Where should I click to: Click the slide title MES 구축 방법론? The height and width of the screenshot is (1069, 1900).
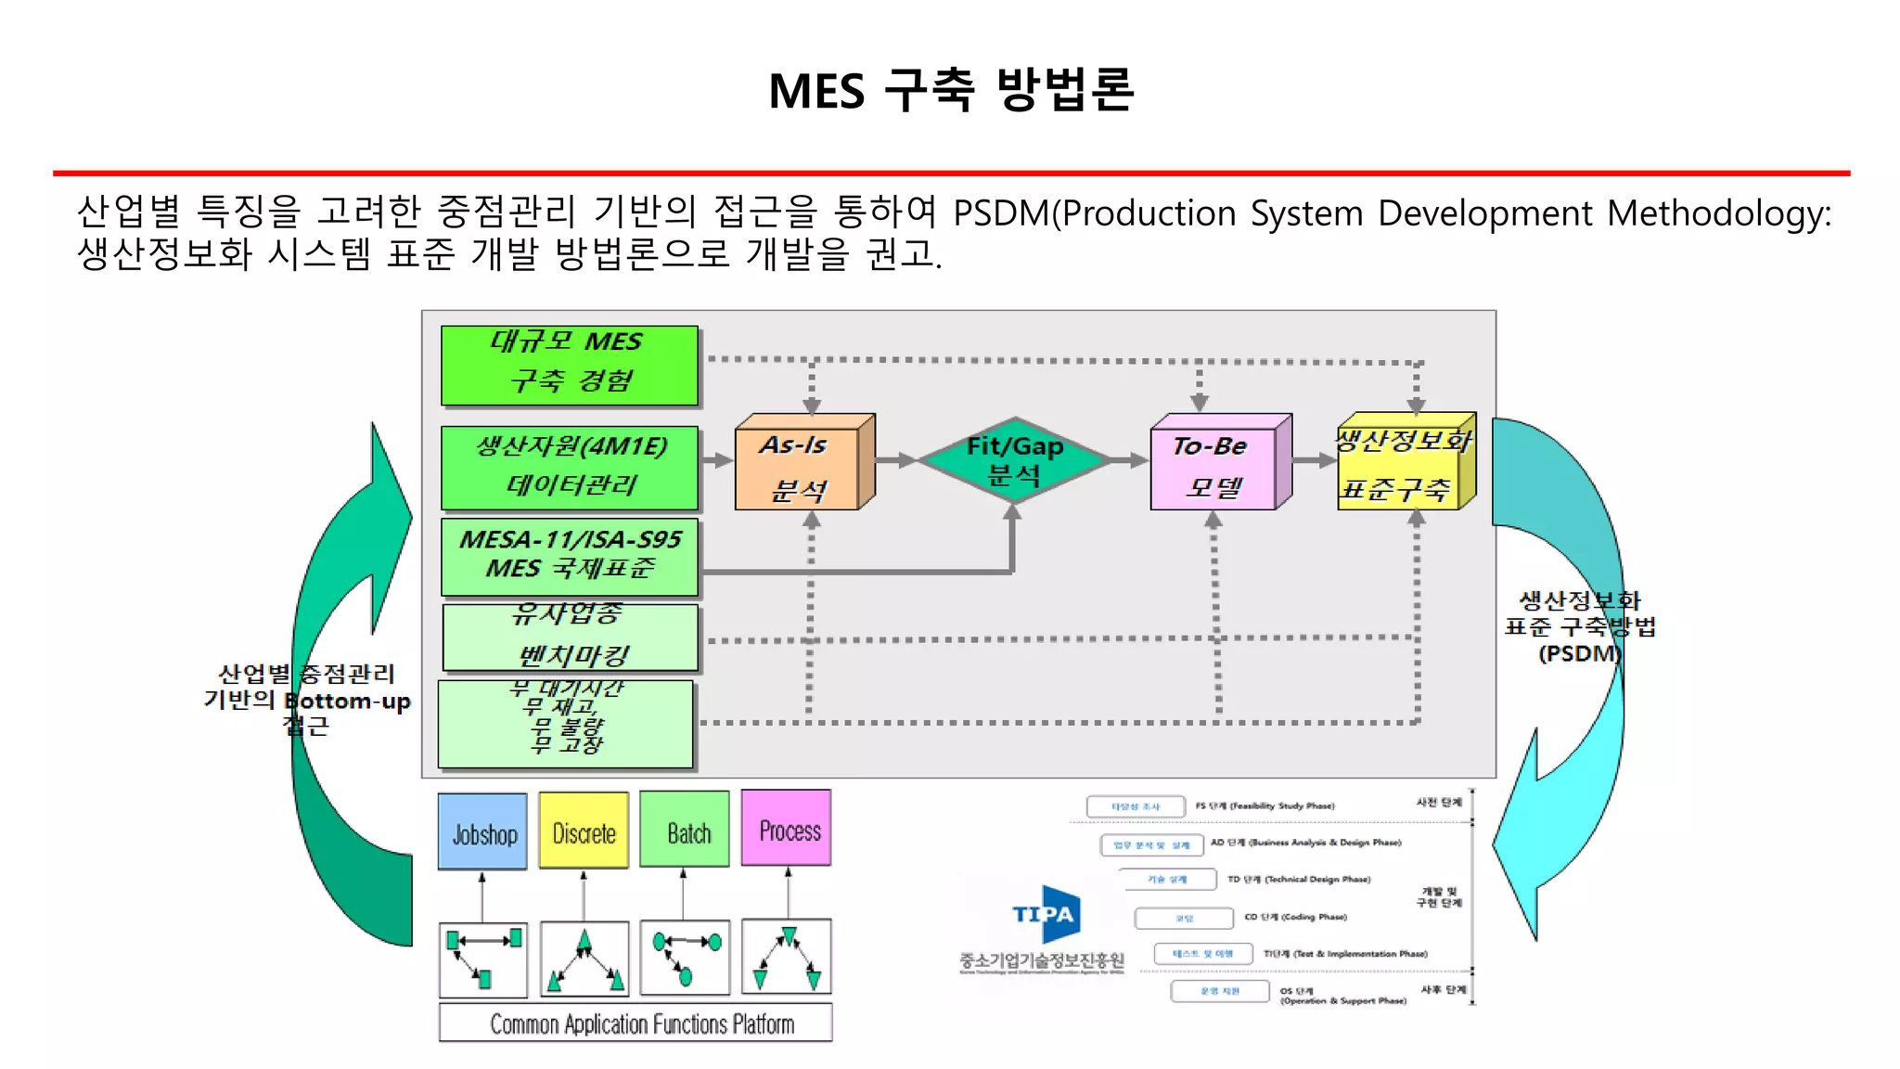pyautogui.click(x=951, y=90)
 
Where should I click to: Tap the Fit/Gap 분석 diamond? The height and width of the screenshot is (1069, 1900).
pyautogui.click(x=1014, y=460)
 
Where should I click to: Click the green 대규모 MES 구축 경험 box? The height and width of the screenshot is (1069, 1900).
pyautogui.click(x=569, y=365)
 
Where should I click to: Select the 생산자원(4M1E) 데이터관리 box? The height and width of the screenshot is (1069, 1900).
pyautogui.click(x=569, y=467)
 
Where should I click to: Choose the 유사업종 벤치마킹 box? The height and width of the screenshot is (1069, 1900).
pyautogui.click(x=569, y=637)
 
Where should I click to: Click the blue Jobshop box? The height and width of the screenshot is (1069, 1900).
pyautogui.click(x=482, y=831)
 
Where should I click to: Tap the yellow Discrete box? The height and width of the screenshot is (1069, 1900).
pyautogui.click(x=584, y=831)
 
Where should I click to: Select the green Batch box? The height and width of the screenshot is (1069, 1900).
pyautogui.click(x=685, y=830)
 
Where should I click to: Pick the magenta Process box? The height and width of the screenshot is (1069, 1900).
pyautogui.click(x=787, y=828)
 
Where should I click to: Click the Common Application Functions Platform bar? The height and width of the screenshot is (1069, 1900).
pyautogui.click(x=635, y=1023)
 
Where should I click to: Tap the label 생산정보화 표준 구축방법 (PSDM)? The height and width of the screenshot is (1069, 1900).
pyautogui.click(x=1579, y=627)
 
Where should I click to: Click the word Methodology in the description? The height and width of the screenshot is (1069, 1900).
pyautogui.click(x=1718, y=213)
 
